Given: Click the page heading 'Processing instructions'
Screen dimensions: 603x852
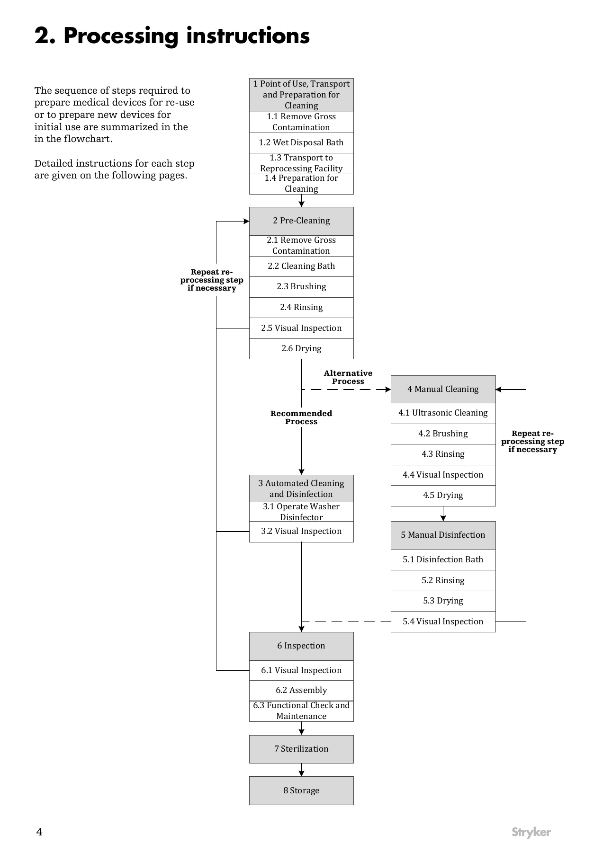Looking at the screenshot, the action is (x=187, y=36).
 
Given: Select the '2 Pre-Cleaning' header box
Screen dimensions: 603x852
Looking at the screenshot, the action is (x=301, y=221).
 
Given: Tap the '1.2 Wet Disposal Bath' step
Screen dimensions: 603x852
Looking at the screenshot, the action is (x=301, y=143).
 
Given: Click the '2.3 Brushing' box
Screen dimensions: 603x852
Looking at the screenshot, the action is (x=301, y=287).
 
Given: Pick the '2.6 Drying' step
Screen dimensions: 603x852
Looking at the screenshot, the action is (x=301, y=349).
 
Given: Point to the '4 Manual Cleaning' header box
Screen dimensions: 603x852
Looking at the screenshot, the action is (x=443, y=390).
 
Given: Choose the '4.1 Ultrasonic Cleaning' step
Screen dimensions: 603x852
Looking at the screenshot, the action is (x=443, y=413).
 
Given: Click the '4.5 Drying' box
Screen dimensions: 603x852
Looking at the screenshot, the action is (x=443, y=496).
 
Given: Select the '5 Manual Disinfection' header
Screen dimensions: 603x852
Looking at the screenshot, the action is (x=443, y=535).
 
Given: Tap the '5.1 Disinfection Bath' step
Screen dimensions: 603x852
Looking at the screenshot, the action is (x=443, y=560).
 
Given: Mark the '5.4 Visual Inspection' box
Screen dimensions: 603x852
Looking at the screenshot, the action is (x=443, y=622).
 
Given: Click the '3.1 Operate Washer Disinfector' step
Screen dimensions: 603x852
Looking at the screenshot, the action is (x=301, y=512).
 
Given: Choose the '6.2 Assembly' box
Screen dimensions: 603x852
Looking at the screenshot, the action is (x=301, y=691).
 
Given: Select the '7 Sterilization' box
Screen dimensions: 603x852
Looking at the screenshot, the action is (x=301, y=749).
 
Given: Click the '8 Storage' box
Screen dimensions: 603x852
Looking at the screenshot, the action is (x=301, y=791).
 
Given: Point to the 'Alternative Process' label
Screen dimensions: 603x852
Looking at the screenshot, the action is (x=348, y=377).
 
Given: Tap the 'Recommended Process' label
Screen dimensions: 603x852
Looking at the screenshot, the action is (x=301, y=417).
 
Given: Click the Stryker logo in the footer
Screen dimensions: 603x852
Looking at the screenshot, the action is (x=531, y=833).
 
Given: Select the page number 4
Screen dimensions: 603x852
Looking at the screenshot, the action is (x=39, y=832).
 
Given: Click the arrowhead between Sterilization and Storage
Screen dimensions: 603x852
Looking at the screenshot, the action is (x=301, y=773).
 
